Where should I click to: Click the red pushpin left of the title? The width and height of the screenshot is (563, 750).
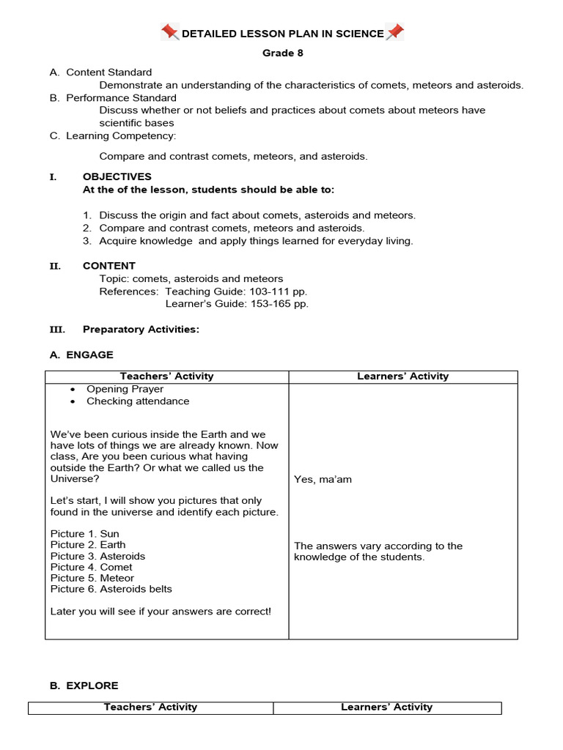pos(170,32)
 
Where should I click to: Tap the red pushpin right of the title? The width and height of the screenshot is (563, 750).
pos(395,32)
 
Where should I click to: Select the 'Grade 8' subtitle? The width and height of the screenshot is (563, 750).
pos(282,53)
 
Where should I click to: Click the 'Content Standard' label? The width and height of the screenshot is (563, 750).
pos(108,72)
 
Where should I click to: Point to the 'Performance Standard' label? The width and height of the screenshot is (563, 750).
pos(121,97)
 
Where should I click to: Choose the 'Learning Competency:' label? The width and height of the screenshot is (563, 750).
pos(121,135)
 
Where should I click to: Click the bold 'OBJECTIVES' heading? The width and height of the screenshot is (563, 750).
pos(117,177)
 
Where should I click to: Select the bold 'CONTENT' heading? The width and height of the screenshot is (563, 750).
pos(108,266)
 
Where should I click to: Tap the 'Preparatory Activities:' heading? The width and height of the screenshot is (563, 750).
pos(141,330)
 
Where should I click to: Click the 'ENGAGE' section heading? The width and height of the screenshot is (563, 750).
pos(89,354)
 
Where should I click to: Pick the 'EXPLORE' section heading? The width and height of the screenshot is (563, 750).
pos(92,686)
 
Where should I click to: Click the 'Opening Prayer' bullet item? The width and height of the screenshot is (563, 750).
pos(125,389)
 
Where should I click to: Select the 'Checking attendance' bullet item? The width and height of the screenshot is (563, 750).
pos(138,401)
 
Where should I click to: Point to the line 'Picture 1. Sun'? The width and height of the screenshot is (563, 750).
pos(84,534)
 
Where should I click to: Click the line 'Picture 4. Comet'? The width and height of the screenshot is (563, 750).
pos(92,567)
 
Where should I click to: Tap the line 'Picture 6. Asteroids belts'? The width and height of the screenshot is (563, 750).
pos(111,589)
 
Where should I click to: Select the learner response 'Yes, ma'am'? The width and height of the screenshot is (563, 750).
pos(323,479)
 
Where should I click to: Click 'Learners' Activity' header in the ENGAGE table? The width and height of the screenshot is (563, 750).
pos(402,376)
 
